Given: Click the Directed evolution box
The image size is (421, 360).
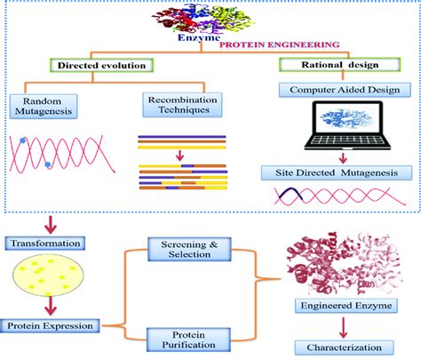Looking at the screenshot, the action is (102, 65).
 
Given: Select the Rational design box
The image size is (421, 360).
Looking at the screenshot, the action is (340, 65).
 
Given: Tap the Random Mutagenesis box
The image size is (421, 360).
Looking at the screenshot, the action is (44, 107).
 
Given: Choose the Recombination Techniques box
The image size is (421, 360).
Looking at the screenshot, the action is (182, 105).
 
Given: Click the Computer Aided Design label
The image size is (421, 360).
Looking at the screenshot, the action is (345, 90).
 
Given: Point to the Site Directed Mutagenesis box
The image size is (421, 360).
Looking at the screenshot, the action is (337, 172).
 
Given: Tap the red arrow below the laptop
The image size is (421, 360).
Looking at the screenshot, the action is (343, 158).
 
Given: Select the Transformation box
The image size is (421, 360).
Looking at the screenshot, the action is (45, 244).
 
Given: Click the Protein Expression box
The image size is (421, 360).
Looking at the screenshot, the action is (50, 326).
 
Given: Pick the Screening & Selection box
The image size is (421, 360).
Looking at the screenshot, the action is (189, 249).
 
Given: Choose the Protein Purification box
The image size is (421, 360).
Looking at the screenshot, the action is (188, 340).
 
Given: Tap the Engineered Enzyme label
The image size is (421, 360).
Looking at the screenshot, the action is (346, 306).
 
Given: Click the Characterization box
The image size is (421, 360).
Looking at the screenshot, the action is (344, 348).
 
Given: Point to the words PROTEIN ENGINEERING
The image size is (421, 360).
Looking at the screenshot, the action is (279, 44).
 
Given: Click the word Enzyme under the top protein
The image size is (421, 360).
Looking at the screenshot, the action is (199, 37).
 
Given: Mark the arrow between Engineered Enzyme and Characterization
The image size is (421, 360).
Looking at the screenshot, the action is (343, 328).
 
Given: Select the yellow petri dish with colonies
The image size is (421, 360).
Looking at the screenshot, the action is (48, 276).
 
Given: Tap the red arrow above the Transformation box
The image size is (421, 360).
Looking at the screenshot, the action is (51, 225).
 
